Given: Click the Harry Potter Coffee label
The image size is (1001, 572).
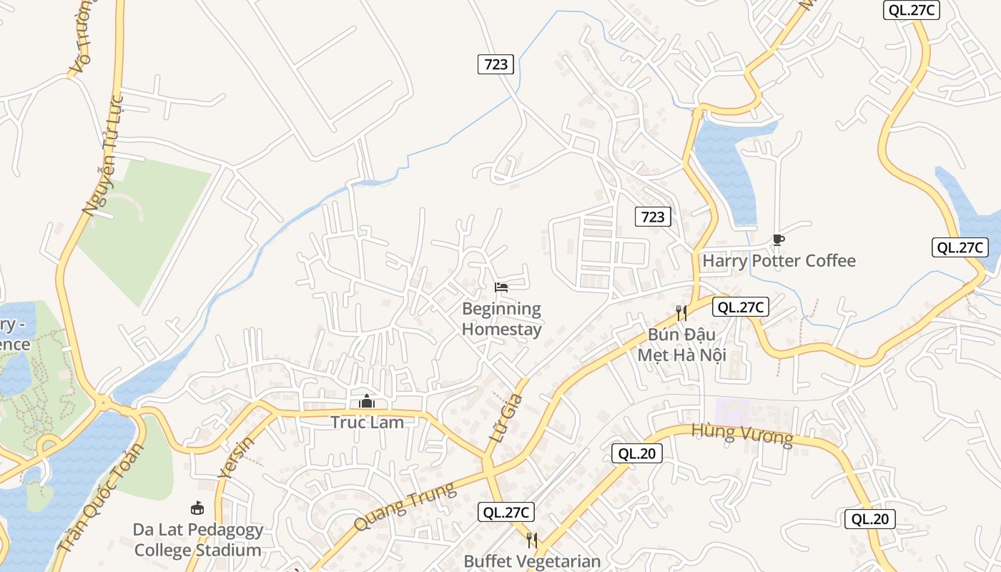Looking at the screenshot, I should tap(779, 261).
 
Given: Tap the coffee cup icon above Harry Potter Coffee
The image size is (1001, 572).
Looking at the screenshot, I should tap(779, 240).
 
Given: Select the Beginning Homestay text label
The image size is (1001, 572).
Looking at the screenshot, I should tap(501, 319).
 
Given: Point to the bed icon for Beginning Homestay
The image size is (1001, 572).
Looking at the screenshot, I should tap(501, 287).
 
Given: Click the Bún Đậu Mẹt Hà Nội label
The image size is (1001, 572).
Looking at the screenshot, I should tap(681, 345).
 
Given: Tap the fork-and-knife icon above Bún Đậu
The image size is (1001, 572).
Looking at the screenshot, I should tap(681, 312).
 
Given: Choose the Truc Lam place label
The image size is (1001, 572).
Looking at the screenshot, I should tap(367, 423).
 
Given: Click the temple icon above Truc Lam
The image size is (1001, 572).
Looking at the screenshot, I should tap(367, 401).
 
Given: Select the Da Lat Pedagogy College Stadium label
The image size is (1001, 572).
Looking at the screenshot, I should tap(197, 541).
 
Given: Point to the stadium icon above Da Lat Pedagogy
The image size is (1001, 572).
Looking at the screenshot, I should tap(197, 508).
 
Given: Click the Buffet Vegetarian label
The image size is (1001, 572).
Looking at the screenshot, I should tap(532, 561).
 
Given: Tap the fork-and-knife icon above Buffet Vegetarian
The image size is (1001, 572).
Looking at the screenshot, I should tap(531, 539).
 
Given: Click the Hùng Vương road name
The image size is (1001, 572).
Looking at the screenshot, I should tap(742, 434).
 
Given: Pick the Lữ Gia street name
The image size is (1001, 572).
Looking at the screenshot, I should tap(506, 418).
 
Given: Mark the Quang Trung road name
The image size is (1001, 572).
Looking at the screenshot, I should tap(405, 506).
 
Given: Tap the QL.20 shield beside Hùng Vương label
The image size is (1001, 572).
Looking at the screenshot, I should tap(636, 453).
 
